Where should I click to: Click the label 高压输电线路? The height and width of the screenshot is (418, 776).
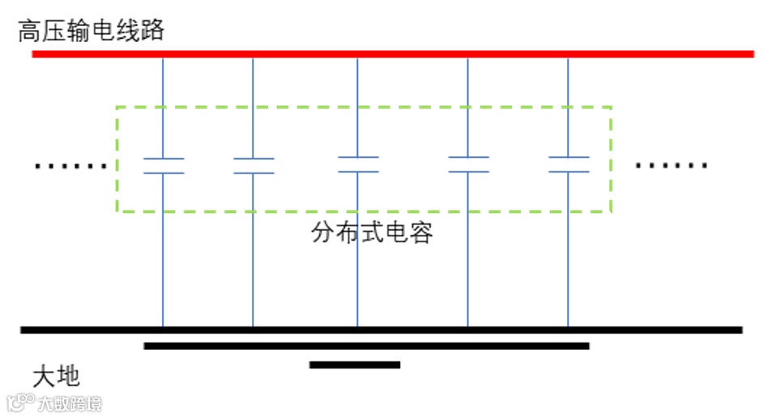[x=92, y=31]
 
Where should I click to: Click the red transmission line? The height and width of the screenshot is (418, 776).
[x=393, y=54]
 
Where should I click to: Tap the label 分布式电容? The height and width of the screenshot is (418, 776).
[x=373, y=233]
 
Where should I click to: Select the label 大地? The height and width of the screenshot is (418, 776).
[x=56, y=376]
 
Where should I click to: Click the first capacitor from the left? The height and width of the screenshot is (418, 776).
[x=164, y=166]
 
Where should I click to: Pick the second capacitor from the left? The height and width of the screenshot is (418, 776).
[x=254, y=166]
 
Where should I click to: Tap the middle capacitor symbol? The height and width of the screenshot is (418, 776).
[x=358, y=164]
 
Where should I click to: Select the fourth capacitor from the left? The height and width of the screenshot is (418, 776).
[x=468, y=164]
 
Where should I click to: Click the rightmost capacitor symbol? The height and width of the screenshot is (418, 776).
[x=568, y=164]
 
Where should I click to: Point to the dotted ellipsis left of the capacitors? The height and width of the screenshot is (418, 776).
[x=71, y=167]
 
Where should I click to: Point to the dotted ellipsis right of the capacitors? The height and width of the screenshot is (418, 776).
[x=672, y=166]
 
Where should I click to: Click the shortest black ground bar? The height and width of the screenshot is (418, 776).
[x=355, y=365]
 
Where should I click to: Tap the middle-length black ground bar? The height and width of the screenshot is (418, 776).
[x=366, y=346]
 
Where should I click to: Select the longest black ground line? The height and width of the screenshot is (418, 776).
[x=381, y=330]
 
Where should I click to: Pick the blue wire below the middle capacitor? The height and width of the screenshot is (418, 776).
[x=358, y=275]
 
